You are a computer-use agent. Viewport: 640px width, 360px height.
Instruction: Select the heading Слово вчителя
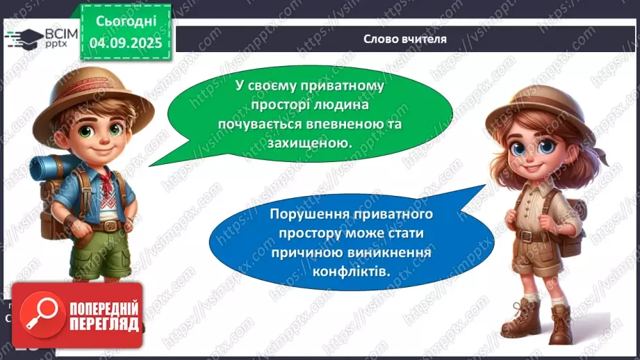(404, 39)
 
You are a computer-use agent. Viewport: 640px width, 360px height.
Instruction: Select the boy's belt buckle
(106, 226)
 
